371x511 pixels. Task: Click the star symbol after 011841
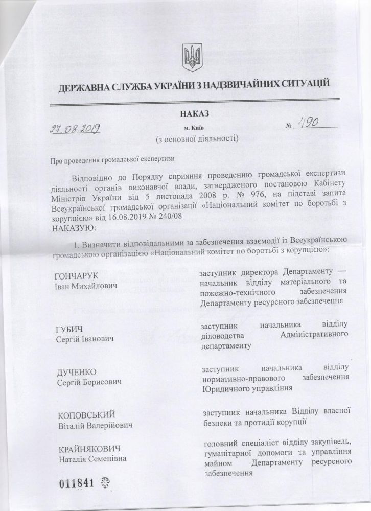tap(107, 483)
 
